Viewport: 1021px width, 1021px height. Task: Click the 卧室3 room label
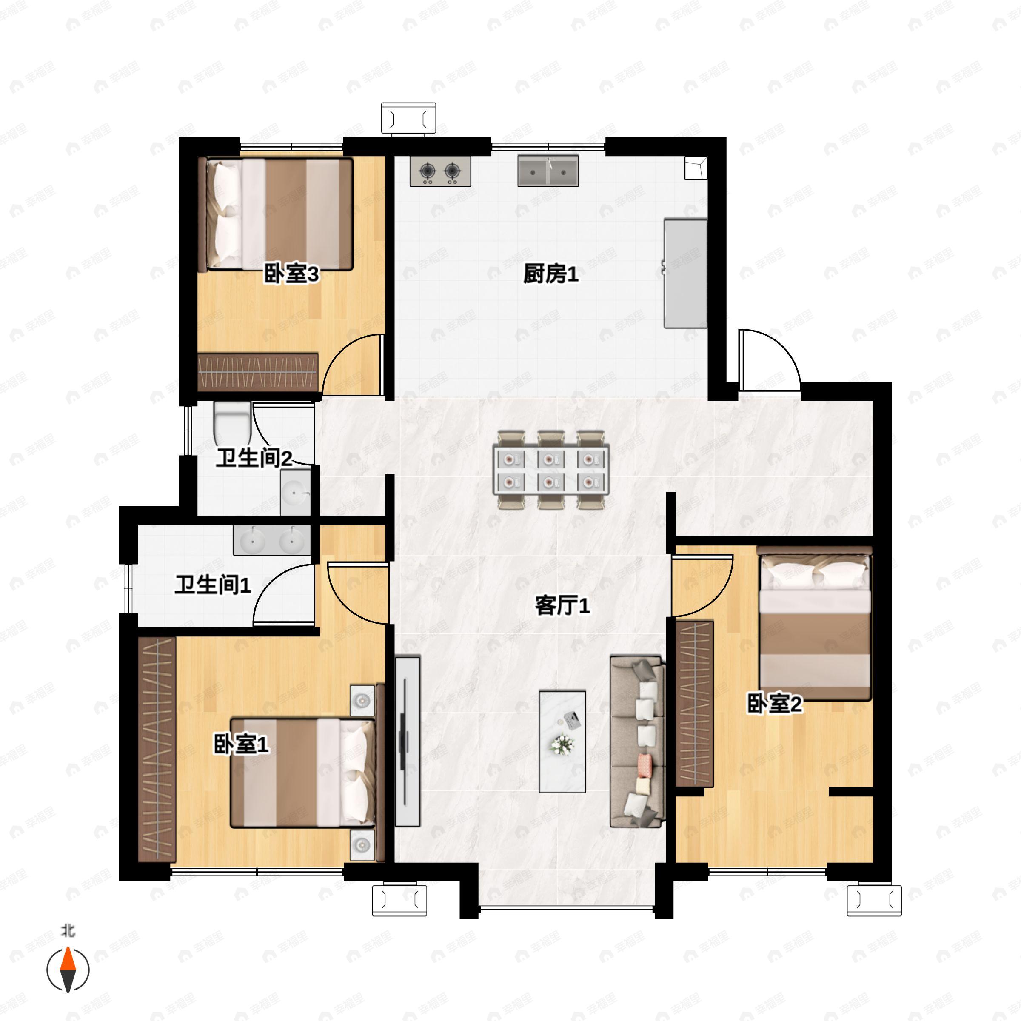[x=291, y=274]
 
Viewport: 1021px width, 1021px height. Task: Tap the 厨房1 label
[x=550, y=274]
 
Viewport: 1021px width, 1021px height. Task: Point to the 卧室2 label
[x=774, y=703]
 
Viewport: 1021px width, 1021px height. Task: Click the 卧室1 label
[x=241, y=744]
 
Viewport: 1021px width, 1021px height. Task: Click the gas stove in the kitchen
[x=440, y=171]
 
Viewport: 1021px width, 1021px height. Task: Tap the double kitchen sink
[x=548, y=171]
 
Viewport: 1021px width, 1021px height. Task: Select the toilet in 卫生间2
[x=232, y=423]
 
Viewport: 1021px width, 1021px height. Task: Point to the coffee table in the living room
[x=562, y=741]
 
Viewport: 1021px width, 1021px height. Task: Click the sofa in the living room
[x=637, y=742]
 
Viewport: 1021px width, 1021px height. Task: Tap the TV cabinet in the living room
[x=408, y=742]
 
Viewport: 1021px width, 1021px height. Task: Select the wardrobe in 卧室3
[x=258, y=373]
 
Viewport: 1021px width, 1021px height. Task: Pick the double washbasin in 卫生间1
[x=272, y=539]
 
